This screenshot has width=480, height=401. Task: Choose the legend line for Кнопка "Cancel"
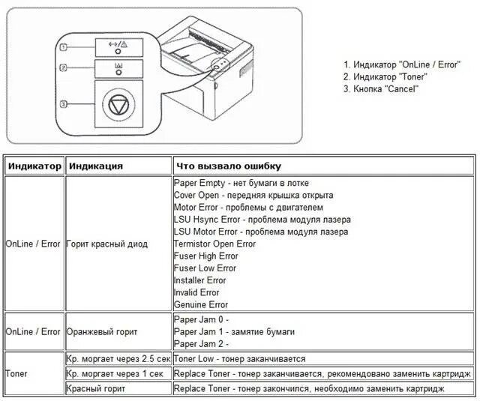click(x=381, y=88)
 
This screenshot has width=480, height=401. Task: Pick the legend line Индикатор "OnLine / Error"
click(x=401, y=64)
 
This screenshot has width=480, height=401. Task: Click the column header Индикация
click(x=94, y=166)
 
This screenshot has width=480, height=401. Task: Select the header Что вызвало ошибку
click(x=227, y=166)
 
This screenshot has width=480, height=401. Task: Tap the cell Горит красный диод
click(x=106, y=244)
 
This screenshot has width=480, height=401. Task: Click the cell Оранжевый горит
click(x=102, y=331)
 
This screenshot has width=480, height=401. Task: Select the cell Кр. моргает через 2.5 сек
click(x=118, y=359)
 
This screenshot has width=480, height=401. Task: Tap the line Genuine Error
click(x=201, y=304)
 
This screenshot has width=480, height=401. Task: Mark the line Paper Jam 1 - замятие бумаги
click(x=234, y=331)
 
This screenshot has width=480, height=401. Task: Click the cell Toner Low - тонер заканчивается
click(x=239, y=359)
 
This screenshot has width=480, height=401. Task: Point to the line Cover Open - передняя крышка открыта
click(x=253, y=195)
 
